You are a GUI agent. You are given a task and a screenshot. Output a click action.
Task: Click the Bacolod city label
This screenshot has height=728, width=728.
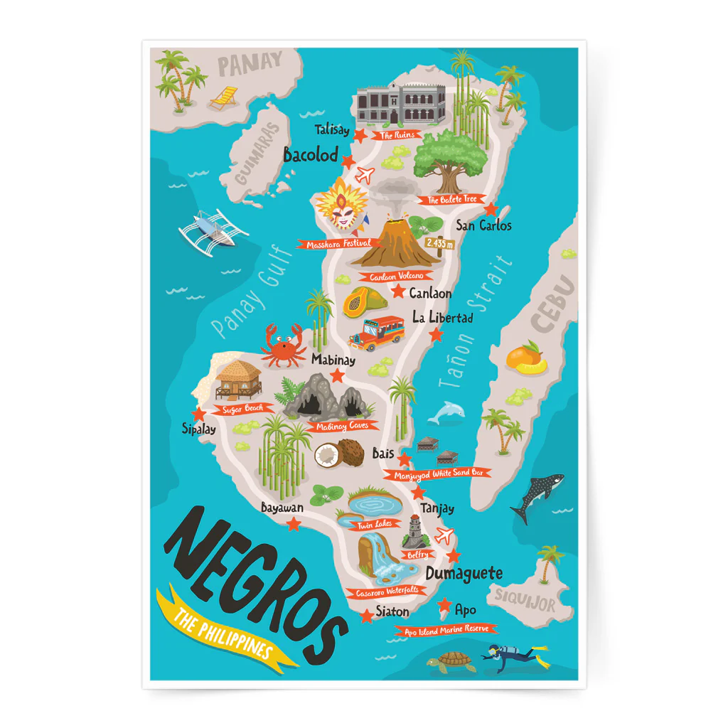tap(311, 155)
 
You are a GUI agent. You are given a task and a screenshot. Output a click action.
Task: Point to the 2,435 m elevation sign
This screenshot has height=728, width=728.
tap(438, 243)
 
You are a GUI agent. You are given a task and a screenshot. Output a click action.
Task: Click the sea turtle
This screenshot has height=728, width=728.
tap(453, 662)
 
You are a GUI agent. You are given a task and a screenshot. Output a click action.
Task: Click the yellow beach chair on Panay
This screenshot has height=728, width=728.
tap(225, 97)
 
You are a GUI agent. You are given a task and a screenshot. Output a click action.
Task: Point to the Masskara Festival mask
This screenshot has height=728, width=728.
tap(343, 205)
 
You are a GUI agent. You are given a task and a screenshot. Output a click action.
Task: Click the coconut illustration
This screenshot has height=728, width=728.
tap(338, 452)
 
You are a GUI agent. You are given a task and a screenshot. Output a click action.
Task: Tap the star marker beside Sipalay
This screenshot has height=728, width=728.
tap(198, 414)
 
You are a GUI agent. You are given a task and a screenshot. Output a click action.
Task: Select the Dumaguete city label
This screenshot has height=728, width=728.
tap(464, 573)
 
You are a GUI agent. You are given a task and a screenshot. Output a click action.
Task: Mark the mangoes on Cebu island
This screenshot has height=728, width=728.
tap(527, 358)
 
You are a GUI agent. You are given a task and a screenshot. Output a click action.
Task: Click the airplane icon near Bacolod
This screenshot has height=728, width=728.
tap(364, 173)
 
